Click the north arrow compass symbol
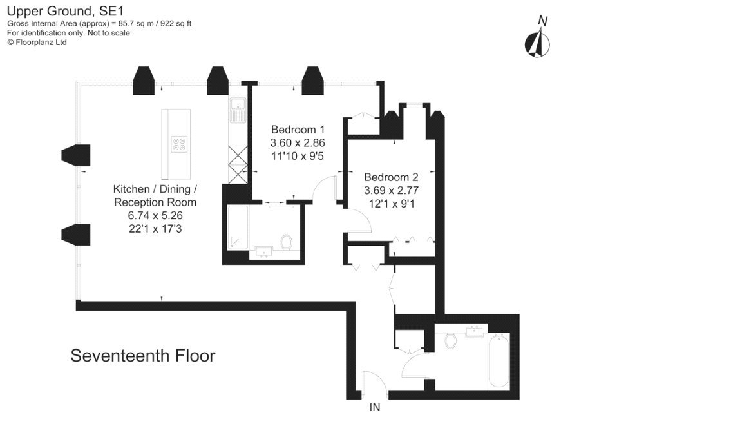pos(537,39)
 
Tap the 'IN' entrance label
pos(375,407)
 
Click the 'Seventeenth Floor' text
pos(142,356)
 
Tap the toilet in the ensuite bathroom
pos(287,243)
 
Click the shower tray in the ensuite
pos(238,232)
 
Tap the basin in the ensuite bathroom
pos(265,252)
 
